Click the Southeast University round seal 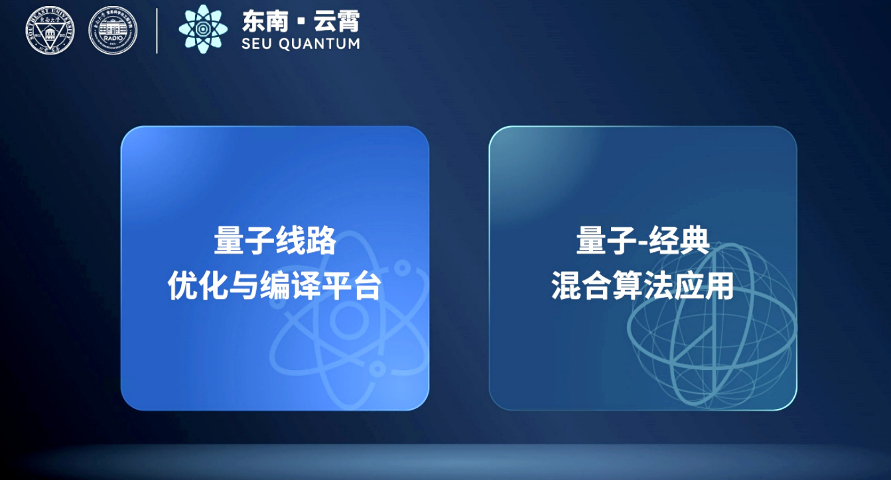[50, 30]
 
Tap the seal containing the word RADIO [113, 30]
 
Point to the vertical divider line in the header [157, 30]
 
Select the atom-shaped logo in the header [203, 29]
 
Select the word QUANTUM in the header [322, 44]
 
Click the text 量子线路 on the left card [275, 242]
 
